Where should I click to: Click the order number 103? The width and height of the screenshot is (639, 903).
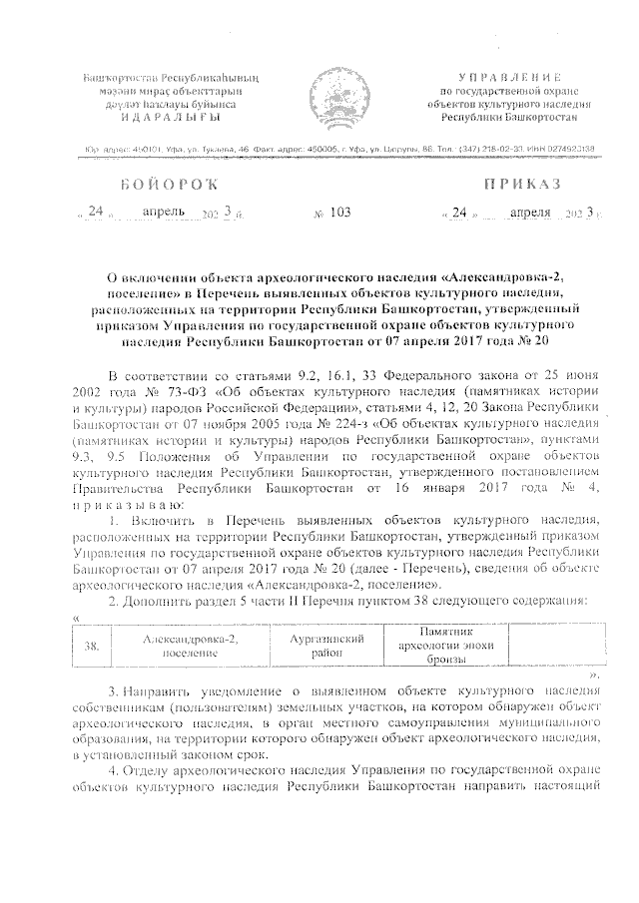coord(338,213)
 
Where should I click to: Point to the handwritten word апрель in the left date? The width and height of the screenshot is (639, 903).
coord(165,212)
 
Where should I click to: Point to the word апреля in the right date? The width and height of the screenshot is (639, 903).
coord(530,212)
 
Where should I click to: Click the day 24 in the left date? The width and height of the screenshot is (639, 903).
coord(96,212)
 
